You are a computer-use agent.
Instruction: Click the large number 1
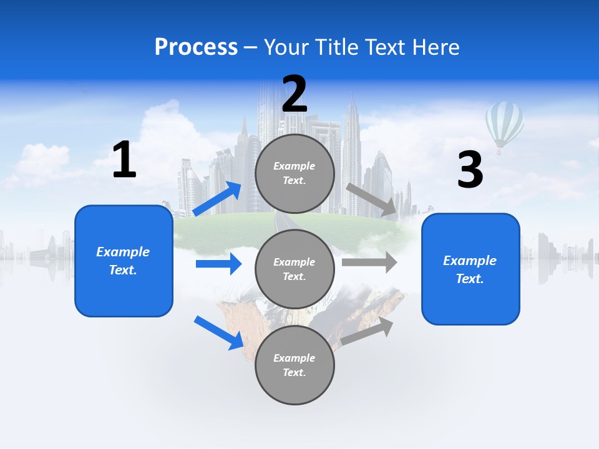(124, 160)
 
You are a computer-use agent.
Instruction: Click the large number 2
(295, 95)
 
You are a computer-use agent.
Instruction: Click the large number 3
(470, 170)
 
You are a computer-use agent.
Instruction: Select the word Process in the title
(196, 47)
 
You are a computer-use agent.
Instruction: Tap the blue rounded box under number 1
(124, 261)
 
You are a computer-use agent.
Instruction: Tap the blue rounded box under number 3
(470, 269)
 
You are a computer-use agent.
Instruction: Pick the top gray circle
(295, 173)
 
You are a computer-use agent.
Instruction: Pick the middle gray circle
(295, 269)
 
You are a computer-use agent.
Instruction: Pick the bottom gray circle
(295, 365)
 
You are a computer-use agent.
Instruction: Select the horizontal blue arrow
(218, 264)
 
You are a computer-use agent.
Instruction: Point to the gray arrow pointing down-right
(372, 200)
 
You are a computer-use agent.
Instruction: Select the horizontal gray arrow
(369, 262)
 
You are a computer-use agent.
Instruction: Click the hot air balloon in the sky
(504, 125)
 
